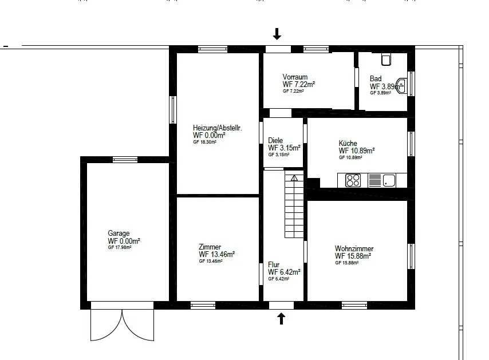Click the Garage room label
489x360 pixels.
119,233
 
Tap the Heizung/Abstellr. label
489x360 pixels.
218,128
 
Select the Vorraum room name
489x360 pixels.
295,77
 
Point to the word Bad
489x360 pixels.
376,78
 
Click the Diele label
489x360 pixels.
275,140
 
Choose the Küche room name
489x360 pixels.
348,144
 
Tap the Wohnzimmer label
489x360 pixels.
354,248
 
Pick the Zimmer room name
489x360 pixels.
210,247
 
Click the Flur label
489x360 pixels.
274,264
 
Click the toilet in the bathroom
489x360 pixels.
386,59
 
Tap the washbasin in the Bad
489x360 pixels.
403,85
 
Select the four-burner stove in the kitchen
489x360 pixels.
353,180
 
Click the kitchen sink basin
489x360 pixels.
389,180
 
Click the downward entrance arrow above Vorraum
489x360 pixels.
277,34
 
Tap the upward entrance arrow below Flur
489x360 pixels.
281,319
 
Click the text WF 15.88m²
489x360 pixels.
353,256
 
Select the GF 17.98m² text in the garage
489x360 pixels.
120,247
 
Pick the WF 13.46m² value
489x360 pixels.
217,254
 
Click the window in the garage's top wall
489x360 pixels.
125,160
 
